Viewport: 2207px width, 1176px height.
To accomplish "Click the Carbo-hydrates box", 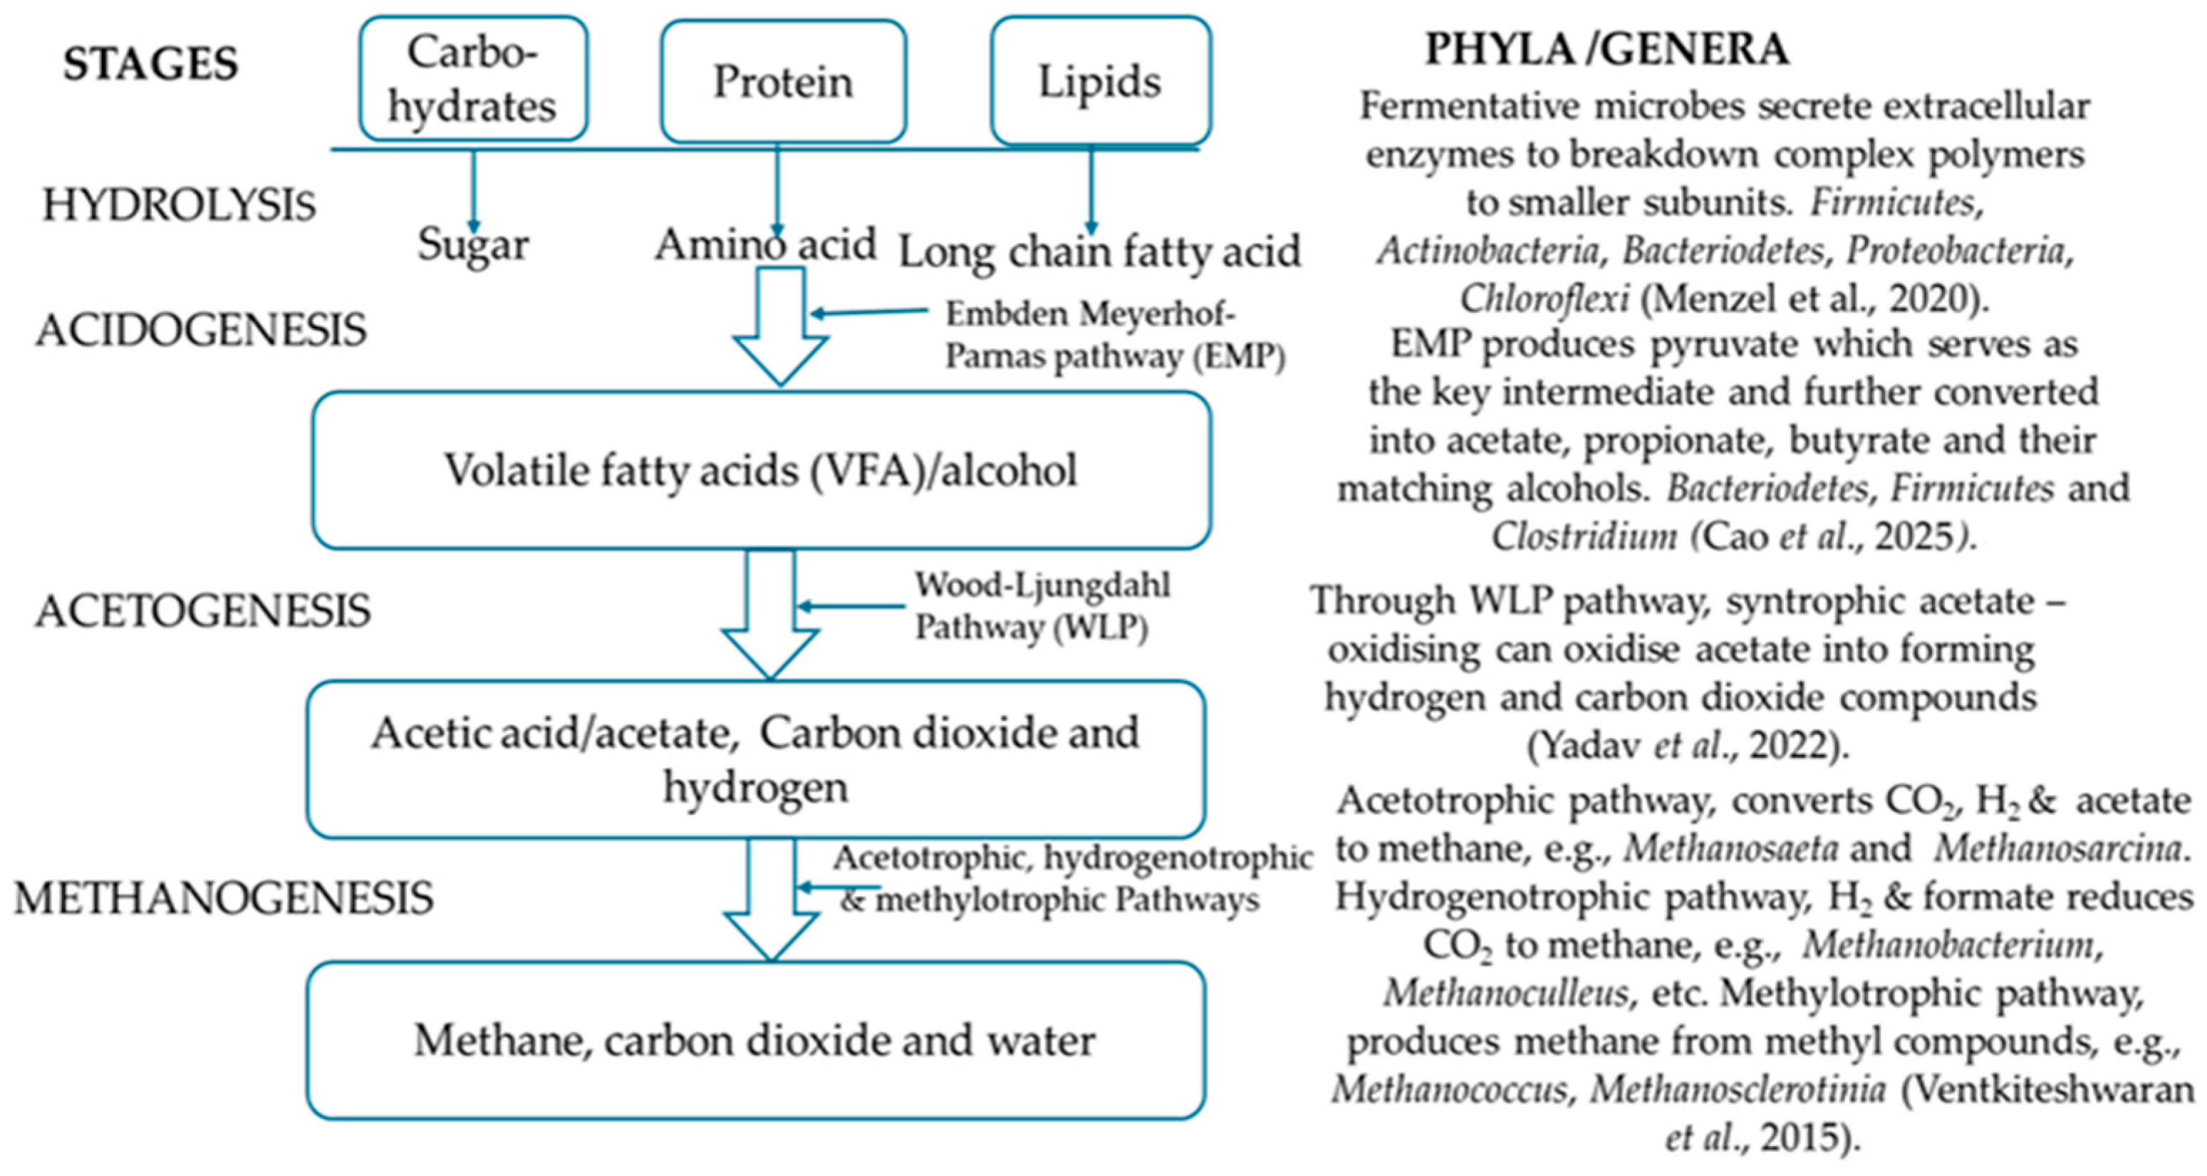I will [x=473, y=79].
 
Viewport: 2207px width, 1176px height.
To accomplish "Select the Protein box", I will [x=783, y=81].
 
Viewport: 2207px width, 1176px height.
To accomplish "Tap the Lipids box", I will [x=1100, y=81].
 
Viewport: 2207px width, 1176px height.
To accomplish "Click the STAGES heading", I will [x=151, y=64].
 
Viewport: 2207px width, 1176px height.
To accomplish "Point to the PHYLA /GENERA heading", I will [x=1606, y=49].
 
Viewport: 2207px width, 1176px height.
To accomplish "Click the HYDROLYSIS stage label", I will [x=179, y=206].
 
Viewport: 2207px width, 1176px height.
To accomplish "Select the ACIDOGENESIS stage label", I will [x=202, y=331].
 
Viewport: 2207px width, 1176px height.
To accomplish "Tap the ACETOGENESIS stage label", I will [x=203, y=610].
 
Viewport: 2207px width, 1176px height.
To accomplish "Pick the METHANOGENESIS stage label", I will [x=224, y=898].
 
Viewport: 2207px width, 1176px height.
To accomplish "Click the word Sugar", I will [x=473, y=246].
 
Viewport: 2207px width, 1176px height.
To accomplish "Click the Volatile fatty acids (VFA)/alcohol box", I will [x=761, y=470].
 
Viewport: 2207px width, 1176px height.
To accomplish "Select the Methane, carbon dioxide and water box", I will [x=755, y=1041].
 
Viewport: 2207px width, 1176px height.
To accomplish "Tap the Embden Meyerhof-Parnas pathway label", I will [x=1113, y=335].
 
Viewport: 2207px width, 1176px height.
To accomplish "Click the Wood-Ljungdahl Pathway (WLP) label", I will [x=1042, y=605].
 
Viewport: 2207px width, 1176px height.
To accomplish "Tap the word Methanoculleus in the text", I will [x=1505, y=994].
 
